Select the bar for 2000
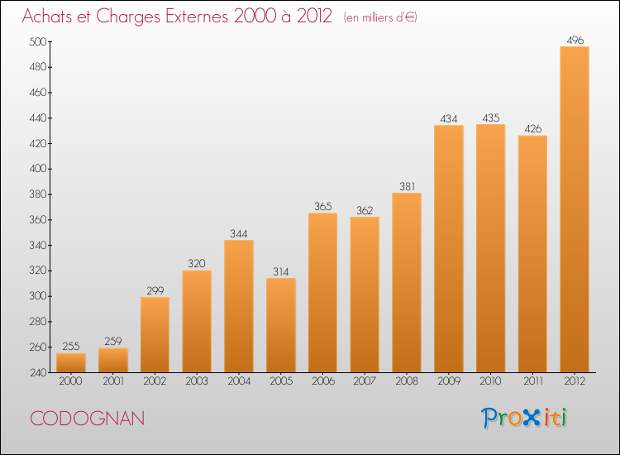(x=71, y=362)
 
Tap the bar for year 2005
(x=281, y=325)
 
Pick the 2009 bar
(x=449, y=248)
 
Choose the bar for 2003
(x=197, y=321)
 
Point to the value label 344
(x=239, y=230)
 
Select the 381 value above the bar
(x=407, y=184)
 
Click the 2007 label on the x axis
(x=365, y=382)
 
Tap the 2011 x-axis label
(x=532, y=382)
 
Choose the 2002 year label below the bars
(x=155, y=382)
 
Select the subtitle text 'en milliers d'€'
(x=380, y=17)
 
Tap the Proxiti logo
(x=524, y=418)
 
